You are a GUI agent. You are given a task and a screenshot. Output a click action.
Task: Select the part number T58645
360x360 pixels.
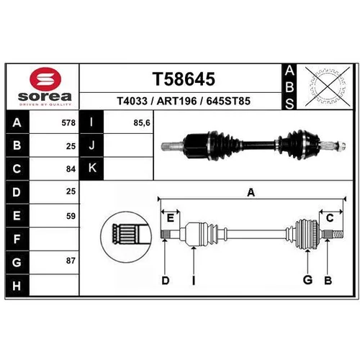tap(184, 79)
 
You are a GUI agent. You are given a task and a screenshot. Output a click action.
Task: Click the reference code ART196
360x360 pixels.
tap(176, 101)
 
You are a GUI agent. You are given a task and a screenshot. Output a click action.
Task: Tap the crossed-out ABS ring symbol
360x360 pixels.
tap(328, 86)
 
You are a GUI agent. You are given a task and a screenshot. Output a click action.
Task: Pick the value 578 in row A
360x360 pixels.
tap(68, 123)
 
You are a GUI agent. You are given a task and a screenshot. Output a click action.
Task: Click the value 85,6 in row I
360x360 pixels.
tap(142, 123)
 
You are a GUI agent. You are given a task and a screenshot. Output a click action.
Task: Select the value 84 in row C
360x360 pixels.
tap(71, 169)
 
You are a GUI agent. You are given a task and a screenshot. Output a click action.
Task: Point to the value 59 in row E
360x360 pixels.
tap(71, 216)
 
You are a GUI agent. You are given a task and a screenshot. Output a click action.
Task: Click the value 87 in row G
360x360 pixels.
tap(71, 261)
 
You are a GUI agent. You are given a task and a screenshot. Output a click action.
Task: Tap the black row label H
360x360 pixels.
tap(17, 286)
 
